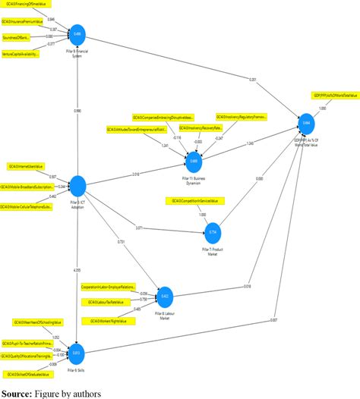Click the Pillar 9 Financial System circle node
(x=77, y=34)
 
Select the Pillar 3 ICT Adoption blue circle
(x=77, y=185)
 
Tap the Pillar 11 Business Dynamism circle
(x=194, y=162)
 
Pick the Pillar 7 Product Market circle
(x=213, y=231)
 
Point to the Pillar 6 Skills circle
(x=76, y=353)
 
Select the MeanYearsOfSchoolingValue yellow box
(x=31, y=322)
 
